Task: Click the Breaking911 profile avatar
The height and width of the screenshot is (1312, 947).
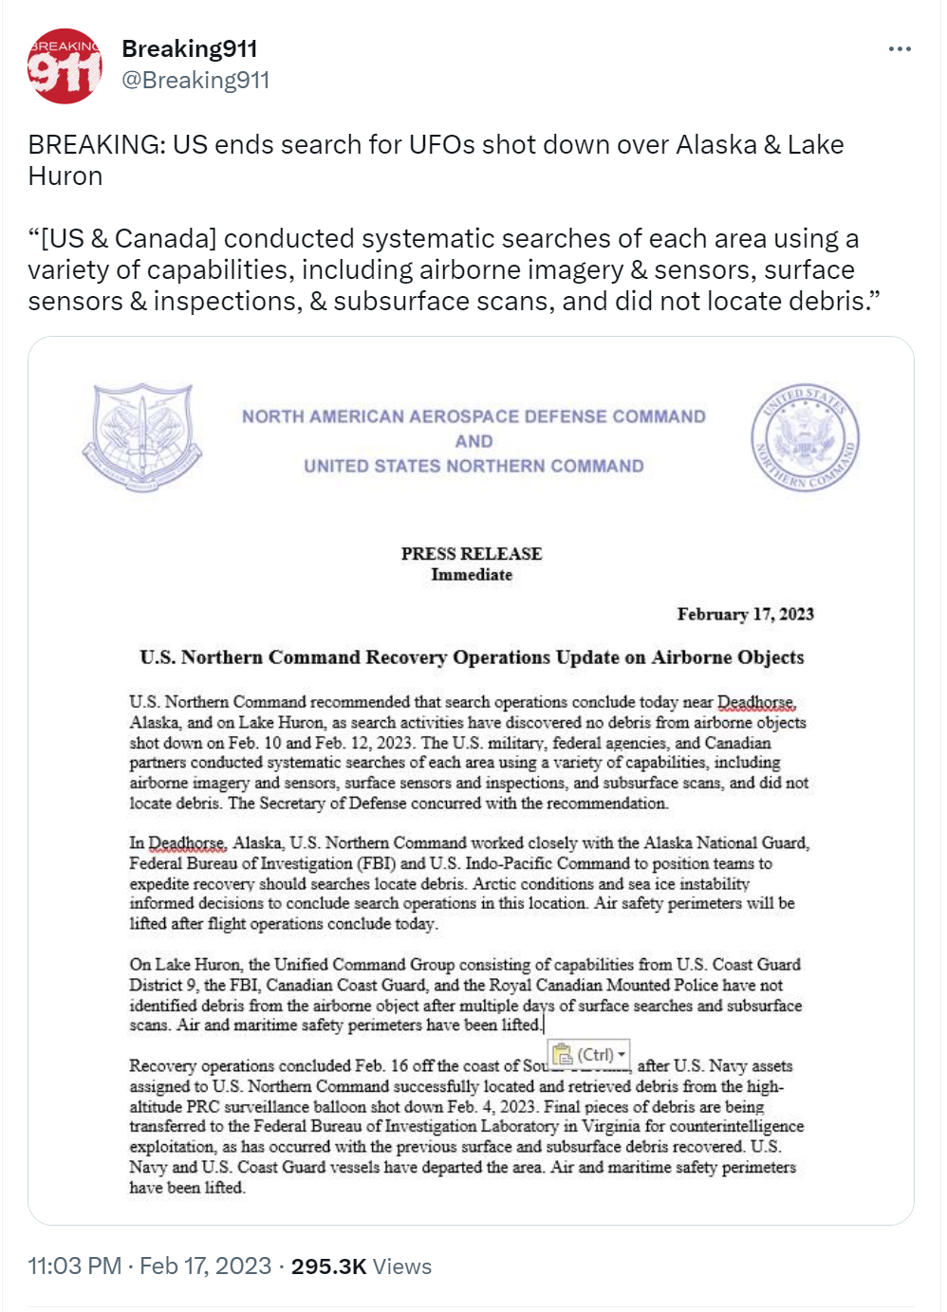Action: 65,66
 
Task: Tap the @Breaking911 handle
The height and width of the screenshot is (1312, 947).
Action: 195,81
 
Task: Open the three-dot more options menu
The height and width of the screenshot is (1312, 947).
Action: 899,49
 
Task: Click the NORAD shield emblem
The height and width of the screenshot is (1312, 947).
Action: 142,436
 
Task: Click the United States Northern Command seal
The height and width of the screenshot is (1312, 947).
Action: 806,436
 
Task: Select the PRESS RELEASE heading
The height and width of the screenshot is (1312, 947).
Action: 471,553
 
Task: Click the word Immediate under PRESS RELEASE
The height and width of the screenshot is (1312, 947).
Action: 471,575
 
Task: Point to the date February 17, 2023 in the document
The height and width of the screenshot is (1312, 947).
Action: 745,614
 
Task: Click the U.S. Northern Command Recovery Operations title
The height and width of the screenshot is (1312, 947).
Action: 471,657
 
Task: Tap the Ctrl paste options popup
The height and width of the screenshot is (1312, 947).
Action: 590,1055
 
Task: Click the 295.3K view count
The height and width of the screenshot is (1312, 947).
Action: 328,1266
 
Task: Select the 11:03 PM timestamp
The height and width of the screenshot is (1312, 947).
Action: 74,1266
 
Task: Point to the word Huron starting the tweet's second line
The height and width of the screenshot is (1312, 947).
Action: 65,176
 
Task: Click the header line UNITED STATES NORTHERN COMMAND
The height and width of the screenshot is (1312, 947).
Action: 473,466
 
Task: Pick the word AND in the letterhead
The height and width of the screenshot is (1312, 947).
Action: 473,441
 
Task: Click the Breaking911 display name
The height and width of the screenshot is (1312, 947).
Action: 189,48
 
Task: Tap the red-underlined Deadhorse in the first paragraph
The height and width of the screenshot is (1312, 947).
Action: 755,702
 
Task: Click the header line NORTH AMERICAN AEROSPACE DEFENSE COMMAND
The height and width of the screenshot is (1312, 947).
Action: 473,416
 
